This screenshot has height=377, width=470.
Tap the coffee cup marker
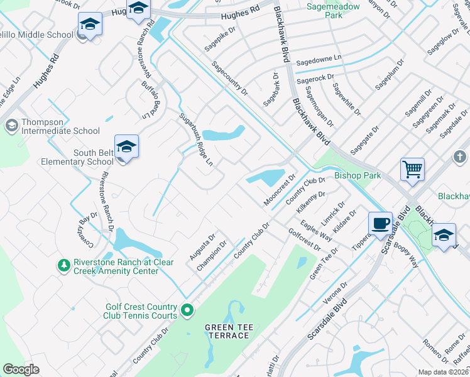point(380,224)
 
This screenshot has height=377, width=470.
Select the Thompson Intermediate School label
point(60,126)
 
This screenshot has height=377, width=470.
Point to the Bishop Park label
point(357,175)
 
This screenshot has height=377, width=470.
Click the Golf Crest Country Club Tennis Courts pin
point(187,310)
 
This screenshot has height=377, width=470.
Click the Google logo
point(21,369)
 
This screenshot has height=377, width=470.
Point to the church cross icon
point(459,156)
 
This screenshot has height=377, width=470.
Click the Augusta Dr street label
point(202,249)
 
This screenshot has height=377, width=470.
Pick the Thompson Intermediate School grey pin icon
point(11,126)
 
